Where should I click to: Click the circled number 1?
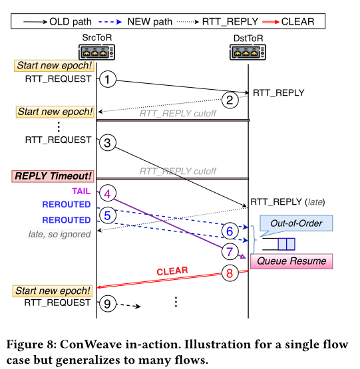[x=108, y=79]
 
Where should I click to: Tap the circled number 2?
[x=230, y=100]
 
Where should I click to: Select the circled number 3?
[x=108, y=142]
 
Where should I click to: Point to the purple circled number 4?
[x=108, y=193]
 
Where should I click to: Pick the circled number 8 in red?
[x=230, y=273]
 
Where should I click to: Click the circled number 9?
[x=108, y=304]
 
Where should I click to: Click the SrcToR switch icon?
[x=97, y=52]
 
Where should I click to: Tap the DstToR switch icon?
[x=248, y=52]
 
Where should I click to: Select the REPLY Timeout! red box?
[x=53, y=176]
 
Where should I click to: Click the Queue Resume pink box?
[x=291, y=261]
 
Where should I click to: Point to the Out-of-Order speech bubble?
[x=296, y=223]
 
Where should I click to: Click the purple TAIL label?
[x=81, y=191]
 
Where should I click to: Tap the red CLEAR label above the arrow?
[x=172, y=271]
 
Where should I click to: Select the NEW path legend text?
[x=150, y=22]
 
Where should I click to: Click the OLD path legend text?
[x=71, y=22]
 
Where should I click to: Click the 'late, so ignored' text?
[x=59, y=234]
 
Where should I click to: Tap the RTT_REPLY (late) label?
[x=287, y=202]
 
